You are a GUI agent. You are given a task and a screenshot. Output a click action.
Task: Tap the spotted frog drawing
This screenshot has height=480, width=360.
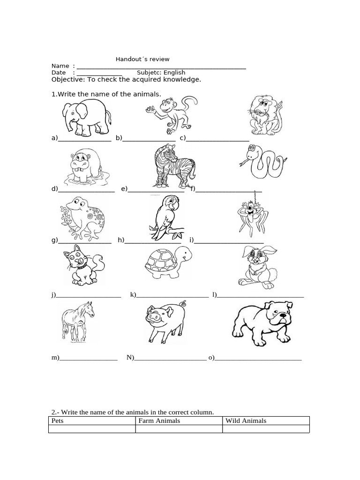pyautogui.click(x=84, y=216)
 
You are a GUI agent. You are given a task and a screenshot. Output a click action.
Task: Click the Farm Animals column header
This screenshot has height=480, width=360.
pyautogui.click(x=159, y=420)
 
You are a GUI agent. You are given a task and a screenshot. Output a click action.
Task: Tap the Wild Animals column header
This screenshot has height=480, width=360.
pyautogui.click(x=246, y=420)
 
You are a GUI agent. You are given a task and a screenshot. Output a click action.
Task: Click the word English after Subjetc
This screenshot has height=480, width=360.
pyautogui.click(x=174, y=73)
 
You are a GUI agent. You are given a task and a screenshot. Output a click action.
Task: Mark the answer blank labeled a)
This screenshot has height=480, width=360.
pyautogui.click(x=84, y=138)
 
